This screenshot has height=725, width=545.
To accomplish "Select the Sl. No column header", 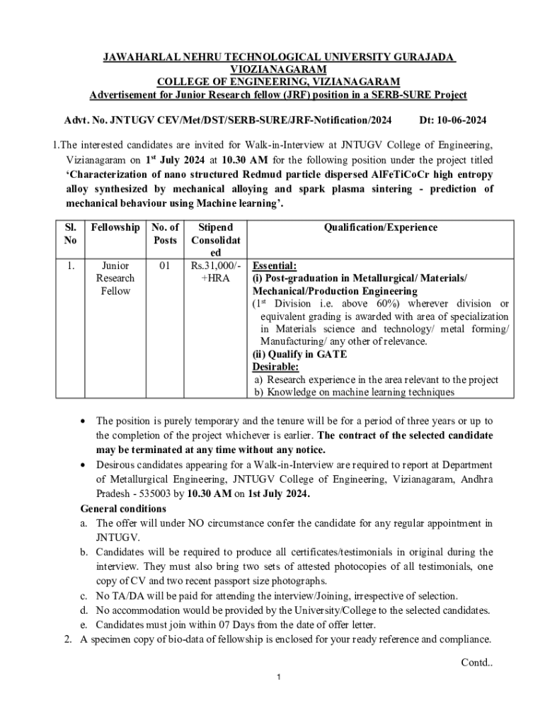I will [65, 234].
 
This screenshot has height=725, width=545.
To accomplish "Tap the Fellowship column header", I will [115, 227].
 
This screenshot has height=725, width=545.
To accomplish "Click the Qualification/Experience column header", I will [380, 227].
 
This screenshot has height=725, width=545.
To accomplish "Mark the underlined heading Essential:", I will [275, 266].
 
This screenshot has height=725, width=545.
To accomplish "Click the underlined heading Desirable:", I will [275, 367].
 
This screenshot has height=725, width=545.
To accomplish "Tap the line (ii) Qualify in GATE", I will [299, 355].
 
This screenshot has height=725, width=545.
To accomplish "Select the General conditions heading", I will [123, 509].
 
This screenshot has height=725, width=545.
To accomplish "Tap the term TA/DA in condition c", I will [131, 595].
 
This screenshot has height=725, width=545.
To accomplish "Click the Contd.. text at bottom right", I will [476, 663].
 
